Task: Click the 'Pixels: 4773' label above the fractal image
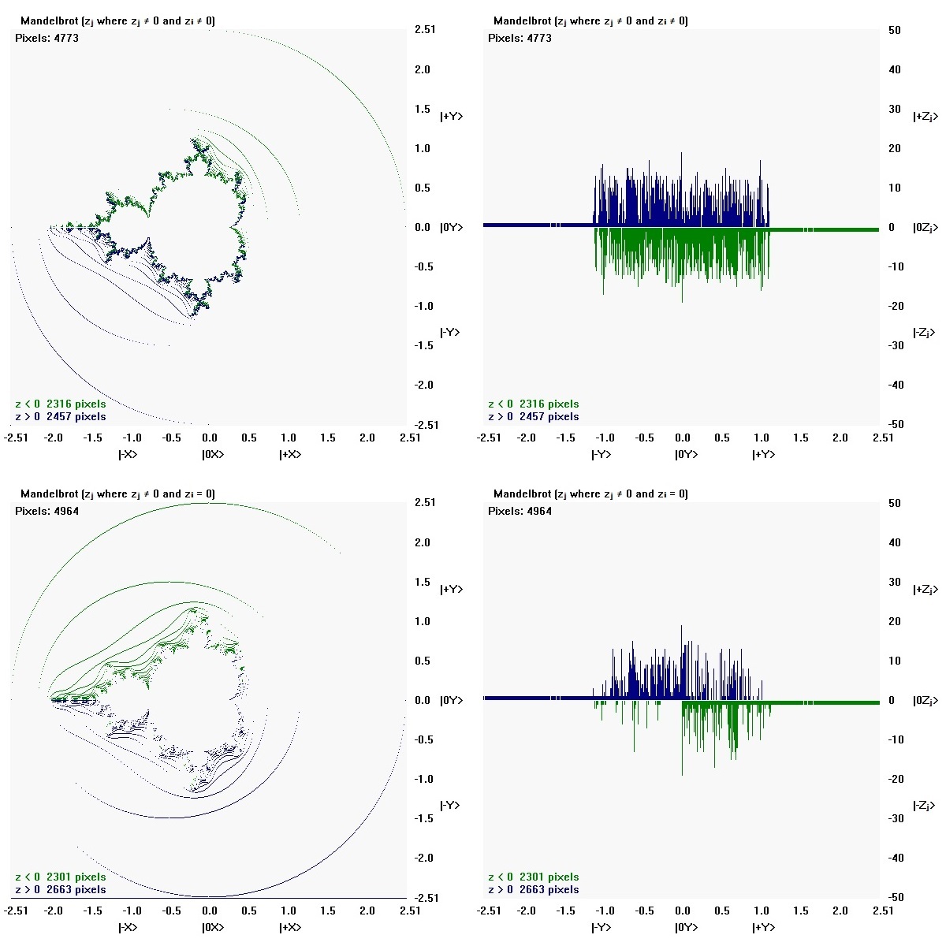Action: coord(47,38)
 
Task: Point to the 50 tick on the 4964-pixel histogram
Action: coord(894,503)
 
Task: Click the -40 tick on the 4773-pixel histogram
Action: coord(894,385)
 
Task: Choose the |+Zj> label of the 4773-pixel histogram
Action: coord(924,117)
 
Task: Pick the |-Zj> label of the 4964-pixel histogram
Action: coord(924,806)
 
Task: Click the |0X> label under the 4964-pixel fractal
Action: coord(213,927)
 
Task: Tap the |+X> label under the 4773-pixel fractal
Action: coord(290,454)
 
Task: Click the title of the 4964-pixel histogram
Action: coord(590,493)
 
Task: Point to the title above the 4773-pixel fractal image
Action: coord(117,20)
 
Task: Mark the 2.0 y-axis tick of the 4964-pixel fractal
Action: coord(423,542)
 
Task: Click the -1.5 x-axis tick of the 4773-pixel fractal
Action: coord(93,438)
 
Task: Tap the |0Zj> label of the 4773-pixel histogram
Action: coord(924,227)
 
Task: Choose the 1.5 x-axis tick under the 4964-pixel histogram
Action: coord(801,911)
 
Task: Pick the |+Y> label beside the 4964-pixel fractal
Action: coord(451,590)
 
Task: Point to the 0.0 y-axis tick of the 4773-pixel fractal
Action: coord(423,227)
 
